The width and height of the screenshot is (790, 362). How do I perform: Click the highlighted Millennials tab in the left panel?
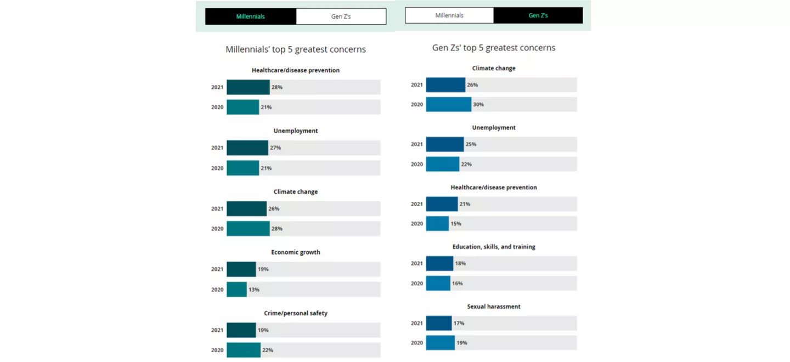coord(251,16)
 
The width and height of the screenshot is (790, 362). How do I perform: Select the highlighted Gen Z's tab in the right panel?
coord(538,15)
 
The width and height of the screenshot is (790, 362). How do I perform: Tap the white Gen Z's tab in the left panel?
coord(341,16)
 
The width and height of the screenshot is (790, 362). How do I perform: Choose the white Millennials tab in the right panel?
coord(449,15)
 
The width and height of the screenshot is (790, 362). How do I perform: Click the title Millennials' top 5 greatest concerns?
coord(296,49)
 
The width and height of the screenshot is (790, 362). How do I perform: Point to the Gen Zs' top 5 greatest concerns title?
coord(494,48)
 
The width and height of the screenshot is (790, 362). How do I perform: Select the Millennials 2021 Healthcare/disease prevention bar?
coord(248,87)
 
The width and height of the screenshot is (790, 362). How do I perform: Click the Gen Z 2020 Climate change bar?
coord(448,104)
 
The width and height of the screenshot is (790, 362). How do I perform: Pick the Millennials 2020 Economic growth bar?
coord(236,290)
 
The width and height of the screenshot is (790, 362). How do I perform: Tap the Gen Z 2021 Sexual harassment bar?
coord(439,323)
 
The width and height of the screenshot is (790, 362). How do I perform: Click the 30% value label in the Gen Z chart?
coord(478,104)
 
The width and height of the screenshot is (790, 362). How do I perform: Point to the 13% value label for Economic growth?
coord(254,290)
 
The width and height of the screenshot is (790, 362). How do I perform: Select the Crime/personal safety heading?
coord(296,313)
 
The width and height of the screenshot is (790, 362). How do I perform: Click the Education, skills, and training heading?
coord(494,247)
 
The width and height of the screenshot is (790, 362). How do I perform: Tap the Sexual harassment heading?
coord(494,307)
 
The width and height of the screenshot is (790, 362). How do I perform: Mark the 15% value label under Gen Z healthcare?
coord(456,224)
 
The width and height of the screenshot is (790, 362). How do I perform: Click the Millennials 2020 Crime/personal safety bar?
coord(244,350)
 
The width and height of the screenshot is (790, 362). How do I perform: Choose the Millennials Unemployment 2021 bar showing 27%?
coord(247,148)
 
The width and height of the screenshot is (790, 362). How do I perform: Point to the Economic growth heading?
coord(296,252)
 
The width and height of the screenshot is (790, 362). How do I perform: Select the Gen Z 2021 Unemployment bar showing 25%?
coord(445,144)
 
